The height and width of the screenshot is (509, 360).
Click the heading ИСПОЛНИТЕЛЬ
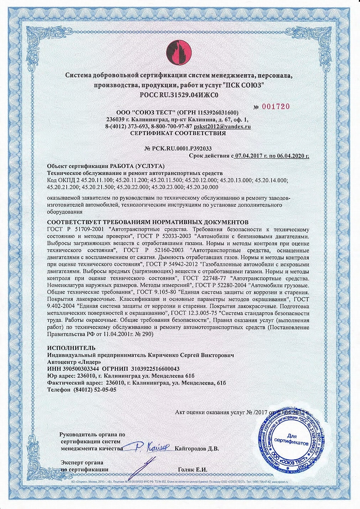[x=71, y=348]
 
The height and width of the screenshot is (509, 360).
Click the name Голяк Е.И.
[x=192, y=469]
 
